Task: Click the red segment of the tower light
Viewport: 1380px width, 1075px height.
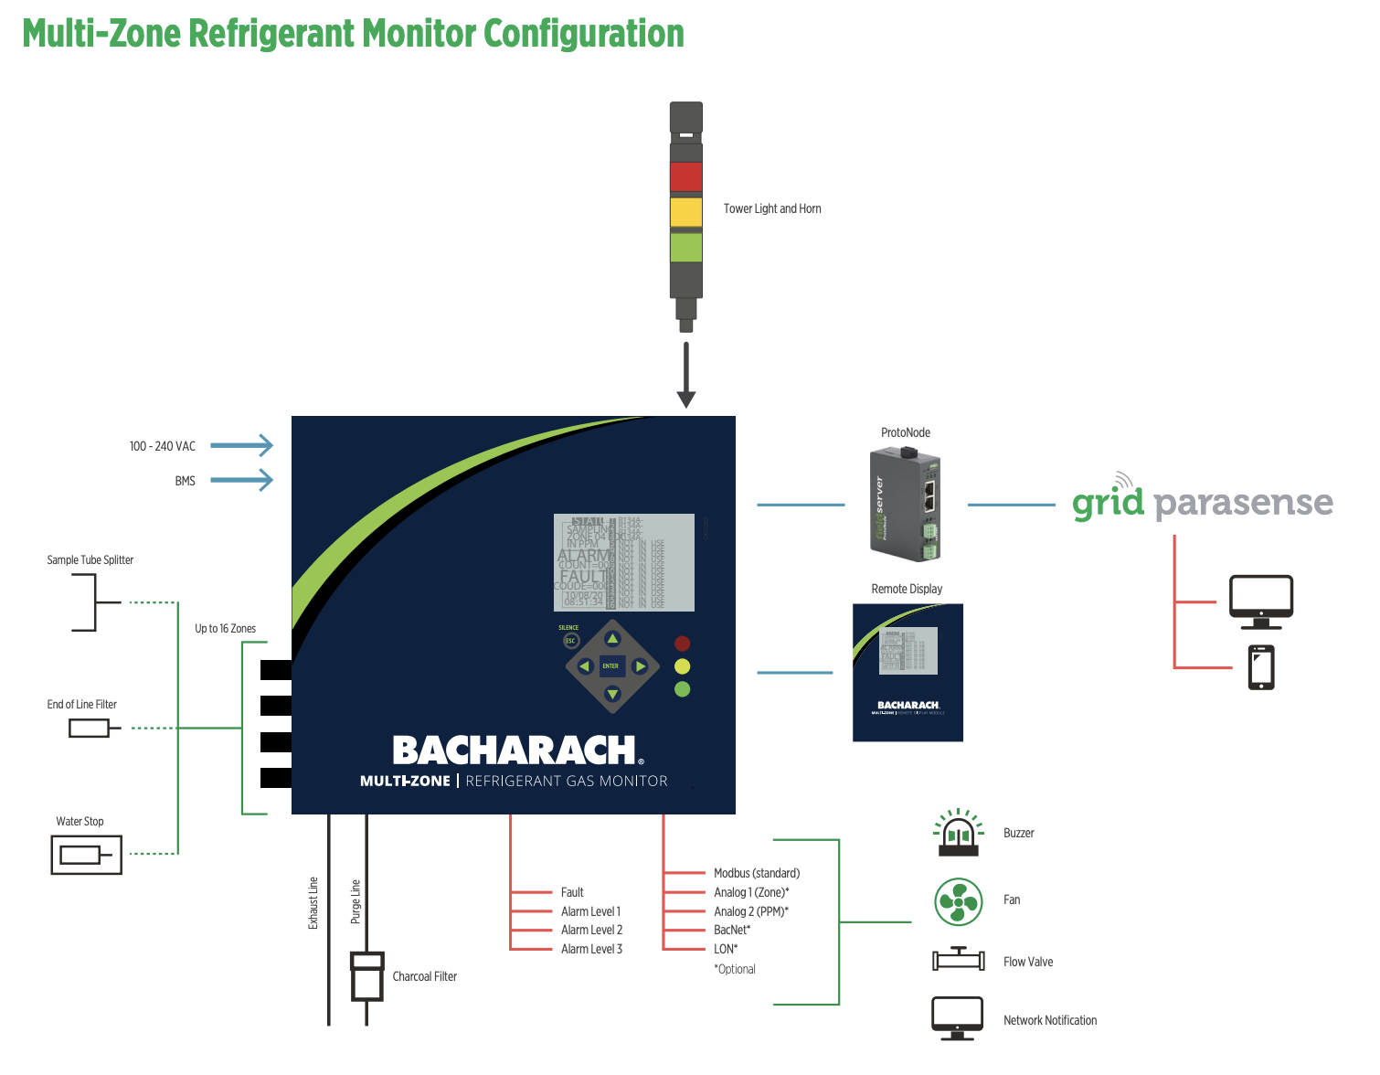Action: pyautogui.click(x=685, y=176)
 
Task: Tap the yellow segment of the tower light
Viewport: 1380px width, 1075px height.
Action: pyautogui.click(x=685, y=212)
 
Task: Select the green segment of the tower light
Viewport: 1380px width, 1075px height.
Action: pyautogui.click(x=685, y=247)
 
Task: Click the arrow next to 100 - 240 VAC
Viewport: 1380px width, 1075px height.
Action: pyautogui.click(x=242, y=446)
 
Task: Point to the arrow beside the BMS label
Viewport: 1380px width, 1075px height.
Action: pyautogui.click(x=242, y=480)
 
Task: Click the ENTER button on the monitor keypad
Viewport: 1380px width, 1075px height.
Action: pyautogui.click(x=611, y=666)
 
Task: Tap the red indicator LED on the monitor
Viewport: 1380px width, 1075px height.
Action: pyautogui.click(x=682, y=644)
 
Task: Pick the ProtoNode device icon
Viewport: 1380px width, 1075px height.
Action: pyautogui.click(x=906, y=504)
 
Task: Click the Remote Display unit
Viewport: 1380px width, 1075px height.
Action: pyautogui.click(x=908, y=672)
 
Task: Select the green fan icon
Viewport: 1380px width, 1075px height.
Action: pyautogui.click(x=959, y=901)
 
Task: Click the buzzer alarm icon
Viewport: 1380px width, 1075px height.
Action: pyautogui.click(x=959, y=833)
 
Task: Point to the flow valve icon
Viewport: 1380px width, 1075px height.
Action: pyautogui.click(x=959, y=960)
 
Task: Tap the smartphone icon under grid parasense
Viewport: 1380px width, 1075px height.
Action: pyautogui.click(x=1261, y=667)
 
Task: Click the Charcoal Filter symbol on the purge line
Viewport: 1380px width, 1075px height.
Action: pyautogui.click(x=367, y=976)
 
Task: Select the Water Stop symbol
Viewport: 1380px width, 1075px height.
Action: pyautogui.click(x=87, y=856)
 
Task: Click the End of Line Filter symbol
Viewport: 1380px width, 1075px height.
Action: pyautogui.click(x=90, y=729)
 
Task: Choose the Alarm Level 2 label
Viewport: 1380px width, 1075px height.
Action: pyautogui.click(x=591, y=931)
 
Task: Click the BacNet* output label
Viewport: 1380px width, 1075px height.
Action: pyautogui.click(x=732, y=931)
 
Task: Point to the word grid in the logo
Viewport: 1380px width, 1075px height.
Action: pyautogui.click(x=1108, y=503)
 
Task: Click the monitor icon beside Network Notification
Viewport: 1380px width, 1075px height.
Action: pyautogui.click(x=958, y=1017)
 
